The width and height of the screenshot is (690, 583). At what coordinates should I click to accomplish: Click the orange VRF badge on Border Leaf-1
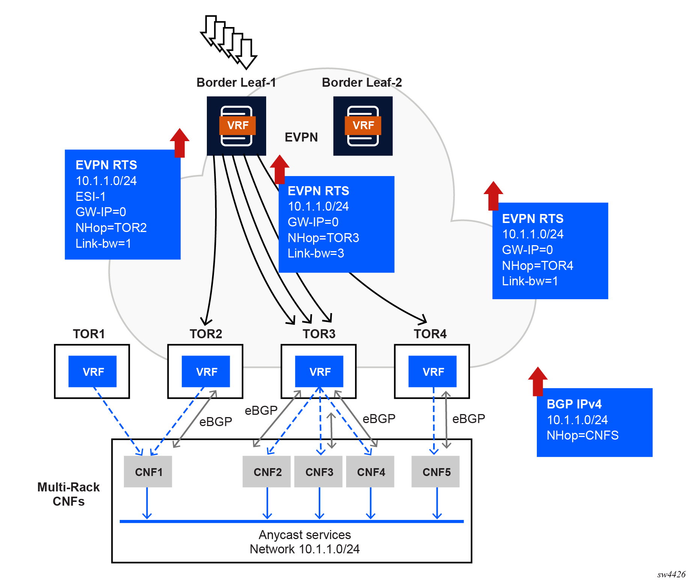point(237,125)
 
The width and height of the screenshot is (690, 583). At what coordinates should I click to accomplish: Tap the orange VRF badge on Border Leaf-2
point(363,125)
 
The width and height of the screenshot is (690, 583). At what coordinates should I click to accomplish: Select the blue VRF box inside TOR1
point(92,372)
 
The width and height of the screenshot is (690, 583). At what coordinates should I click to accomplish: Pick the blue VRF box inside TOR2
point(206,372)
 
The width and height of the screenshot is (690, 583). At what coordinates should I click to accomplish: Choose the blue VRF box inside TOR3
point(319,372)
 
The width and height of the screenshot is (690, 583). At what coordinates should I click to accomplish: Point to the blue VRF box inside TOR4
point(432,372)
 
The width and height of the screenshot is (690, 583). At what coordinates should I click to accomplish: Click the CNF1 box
point(148,472)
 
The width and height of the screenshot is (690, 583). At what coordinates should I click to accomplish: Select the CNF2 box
point(267,472)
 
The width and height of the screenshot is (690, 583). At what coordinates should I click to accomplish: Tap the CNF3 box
point(318,472)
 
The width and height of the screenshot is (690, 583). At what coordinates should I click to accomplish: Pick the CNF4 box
point(370,472)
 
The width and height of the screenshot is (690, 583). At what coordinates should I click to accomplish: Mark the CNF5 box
point(435,472)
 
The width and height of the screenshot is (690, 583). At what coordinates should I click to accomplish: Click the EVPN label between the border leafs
point(301,137)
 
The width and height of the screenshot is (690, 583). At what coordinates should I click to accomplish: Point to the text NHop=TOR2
point(111,228)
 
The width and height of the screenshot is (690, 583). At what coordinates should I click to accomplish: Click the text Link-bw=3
point(316,253)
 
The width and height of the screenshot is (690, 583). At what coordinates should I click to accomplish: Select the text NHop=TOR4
point(538,266)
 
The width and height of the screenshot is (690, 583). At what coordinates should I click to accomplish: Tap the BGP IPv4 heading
point(574,404)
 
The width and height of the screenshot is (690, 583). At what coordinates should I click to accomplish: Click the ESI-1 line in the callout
point(90,197)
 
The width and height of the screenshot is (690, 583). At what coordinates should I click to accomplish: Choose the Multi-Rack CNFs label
point(69,494)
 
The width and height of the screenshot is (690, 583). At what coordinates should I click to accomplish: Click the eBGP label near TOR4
point(469,419)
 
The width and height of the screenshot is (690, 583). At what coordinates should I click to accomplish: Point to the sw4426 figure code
point(671,574)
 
